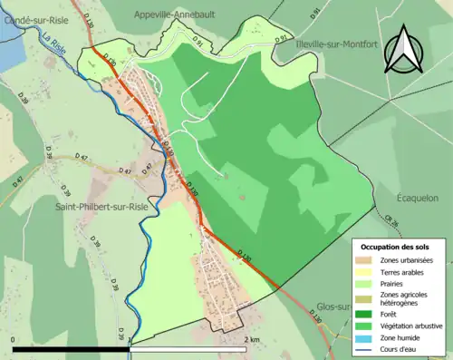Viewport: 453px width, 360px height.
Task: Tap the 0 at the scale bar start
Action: (x=14, y=339)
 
